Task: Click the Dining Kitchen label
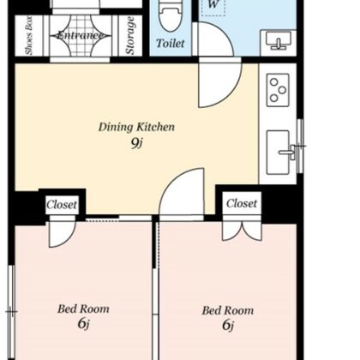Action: (x=136, y=127)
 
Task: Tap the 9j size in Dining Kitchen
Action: (x=136, y=143)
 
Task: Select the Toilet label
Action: (x=171, y=43)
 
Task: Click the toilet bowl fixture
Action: (x=170, y=15)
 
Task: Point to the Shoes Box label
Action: (x=29, y=35)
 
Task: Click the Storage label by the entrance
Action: (x=130, y=35)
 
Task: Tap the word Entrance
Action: (x=81, y=35)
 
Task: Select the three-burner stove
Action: (x=278, y=90)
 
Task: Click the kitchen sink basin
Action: (x=278, y=152)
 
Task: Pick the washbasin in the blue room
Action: (x=279, y=39)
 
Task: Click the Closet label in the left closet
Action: (x=62, y=205)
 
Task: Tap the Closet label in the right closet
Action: (x=242, y=203)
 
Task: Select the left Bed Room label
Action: (x=83, y=309)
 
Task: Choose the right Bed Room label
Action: (x=228, y=310)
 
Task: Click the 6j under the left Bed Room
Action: (x=83, y=324)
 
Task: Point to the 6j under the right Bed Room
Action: (x=228, y=325)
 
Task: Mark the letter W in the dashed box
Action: (x=213, y=4)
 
